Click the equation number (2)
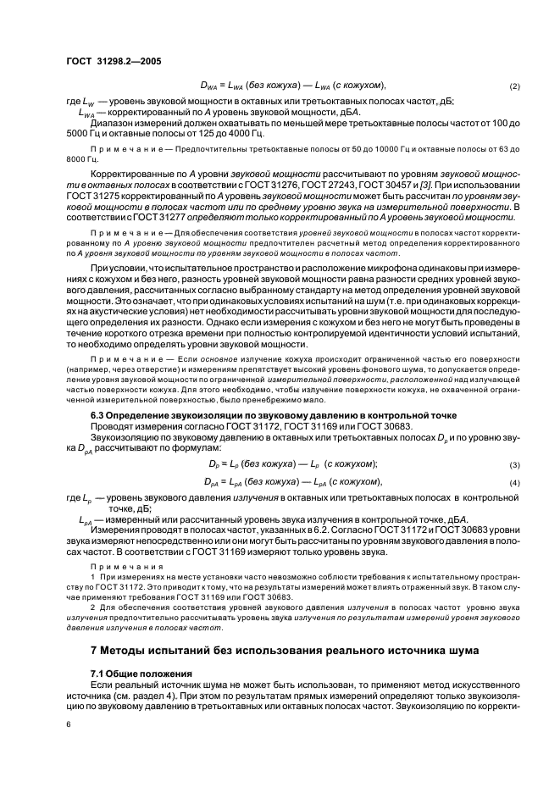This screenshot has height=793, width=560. [x=514, y=86]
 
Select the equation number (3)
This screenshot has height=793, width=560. [x=514, y=464]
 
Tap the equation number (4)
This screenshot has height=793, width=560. [x=514, y=482]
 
